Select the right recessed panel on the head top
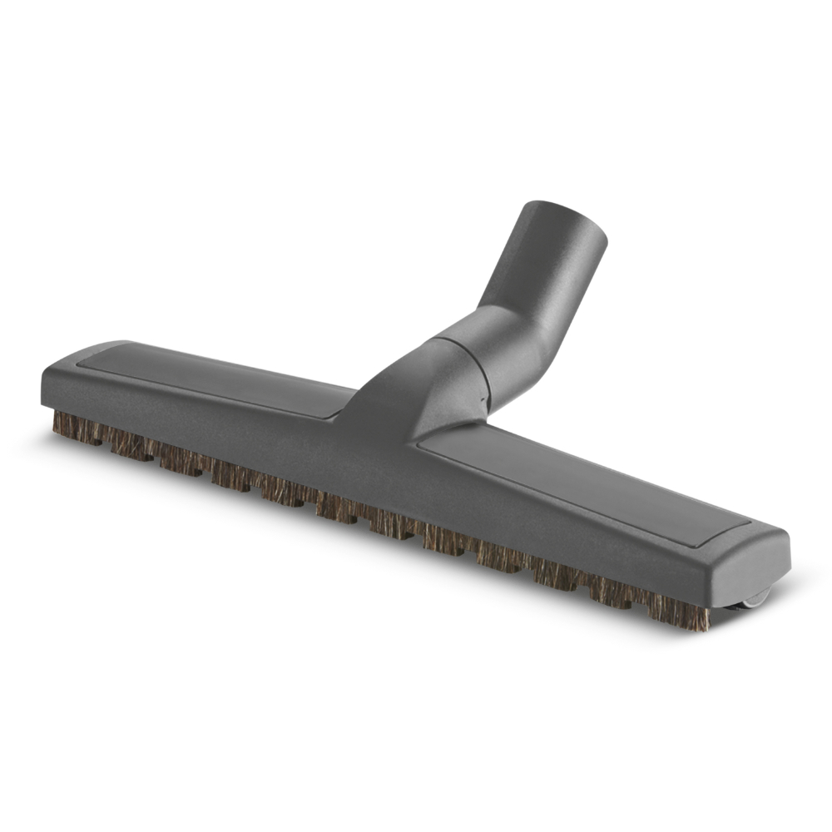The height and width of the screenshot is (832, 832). (582, 483)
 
